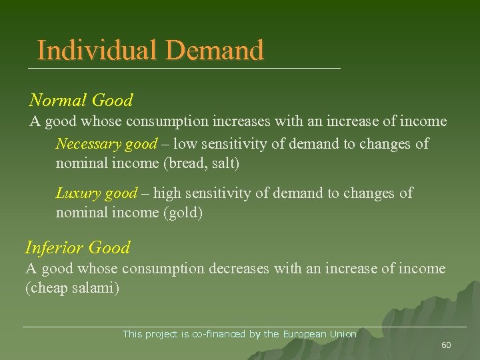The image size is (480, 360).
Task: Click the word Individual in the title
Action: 97,50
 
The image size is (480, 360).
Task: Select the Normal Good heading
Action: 81,101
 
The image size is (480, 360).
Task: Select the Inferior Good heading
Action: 77,248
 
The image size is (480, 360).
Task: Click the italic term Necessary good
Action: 107,143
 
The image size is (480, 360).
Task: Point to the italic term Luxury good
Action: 96,193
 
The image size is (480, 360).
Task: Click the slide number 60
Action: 446,345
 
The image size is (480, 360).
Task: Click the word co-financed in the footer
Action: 219,334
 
